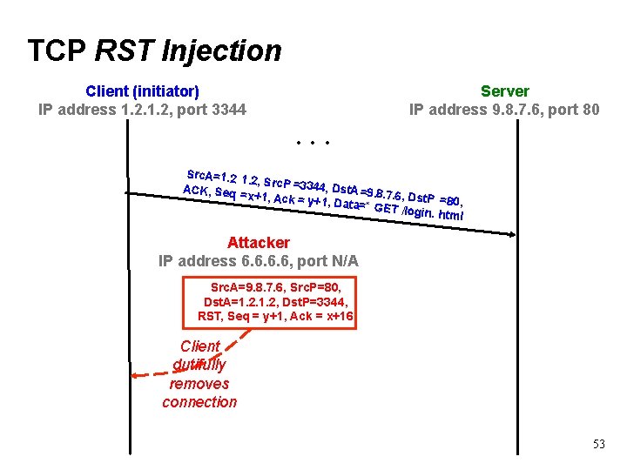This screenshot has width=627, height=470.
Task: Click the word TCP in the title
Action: [57, 50]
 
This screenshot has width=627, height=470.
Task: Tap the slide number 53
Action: [598, 444]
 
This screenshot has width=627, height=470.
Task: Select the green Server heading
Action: [504, 91]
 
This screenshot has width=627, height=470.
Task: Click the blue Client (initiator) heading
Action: [142, 91]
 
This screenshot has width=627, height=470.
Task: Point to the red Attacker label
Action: [258, 243]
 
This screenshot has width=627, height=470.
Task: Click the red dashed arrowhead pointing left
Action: [134, 376]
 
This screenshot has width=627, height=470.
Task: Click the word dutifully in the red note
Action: [199, 365]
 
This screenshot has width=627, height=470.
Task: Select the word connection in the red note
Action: [199, 402]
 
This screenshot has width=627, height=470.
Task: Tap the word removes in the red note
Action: [199, 384]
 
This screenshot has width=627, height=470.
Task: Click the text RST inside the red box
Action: [210, 317]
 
